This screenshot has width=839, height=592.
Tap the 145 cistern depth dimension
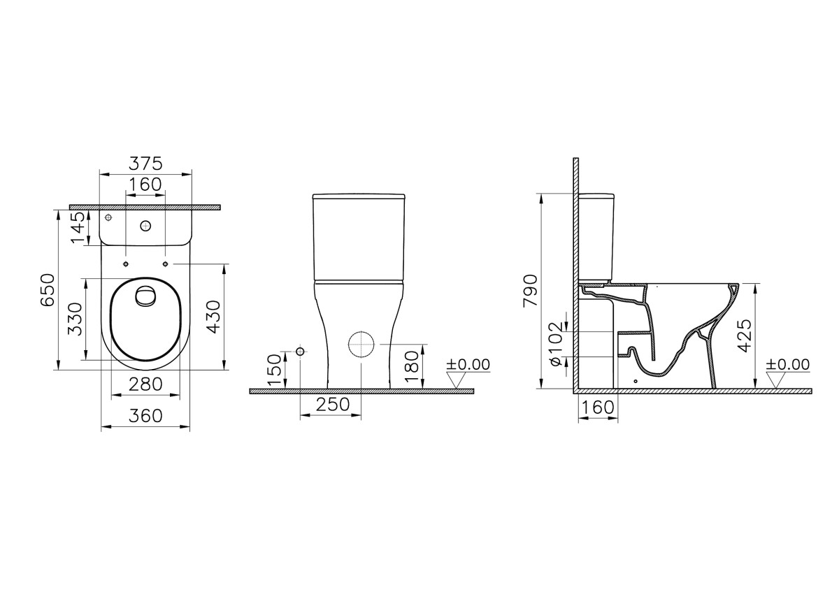pos(78,227)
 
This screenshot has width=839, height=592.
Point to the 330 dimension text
pos(76,318)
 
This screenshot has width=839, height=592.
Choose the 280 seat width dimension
pos(146,384)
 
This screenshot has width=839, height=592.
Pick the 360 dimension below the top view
pos(146,416)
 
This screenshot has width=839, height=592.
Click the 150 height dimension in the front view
pos(275,368)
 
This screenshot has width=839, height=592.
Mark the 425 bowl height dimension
pos(745,335)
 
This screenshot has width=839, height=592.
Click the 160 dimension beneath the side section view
pos(598,407)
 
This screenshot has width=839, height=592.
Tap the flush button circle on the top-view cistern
pos(145,226)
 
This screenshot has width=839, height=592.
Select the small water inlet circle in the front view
pos(300,351)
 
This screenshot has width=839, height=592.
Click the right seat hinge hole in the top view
pos(165,264)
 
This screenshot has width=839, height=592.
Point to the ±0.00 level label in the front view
pos(468,365)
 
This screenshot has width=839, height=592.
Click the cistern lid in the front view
pos(359,196)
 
